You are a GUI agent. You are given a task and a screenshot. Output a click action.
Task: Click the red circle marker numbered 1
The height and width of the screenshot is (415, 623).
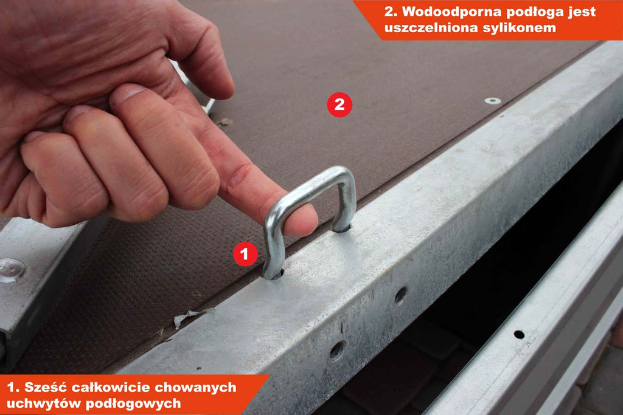(245, 253)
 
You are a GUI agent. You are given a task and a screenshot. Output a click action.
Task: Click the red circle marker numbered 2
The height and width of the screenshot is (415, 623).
(339, 105)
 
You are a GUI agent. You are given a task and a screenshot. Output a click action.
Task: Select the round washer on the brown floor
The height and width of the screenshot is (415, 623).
(493, 101)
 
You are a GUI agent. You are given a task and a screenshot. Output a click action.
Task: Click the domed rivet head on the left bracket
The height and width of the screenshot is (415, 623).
(11, 270)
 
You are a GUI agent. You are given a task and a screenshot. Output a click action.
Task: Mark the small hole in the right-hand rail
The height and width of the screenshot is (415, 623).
(519, 334)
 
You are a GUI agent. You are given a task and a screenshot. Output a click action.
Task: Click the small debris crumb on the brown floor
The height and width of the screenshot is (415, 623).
(225, 122)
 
